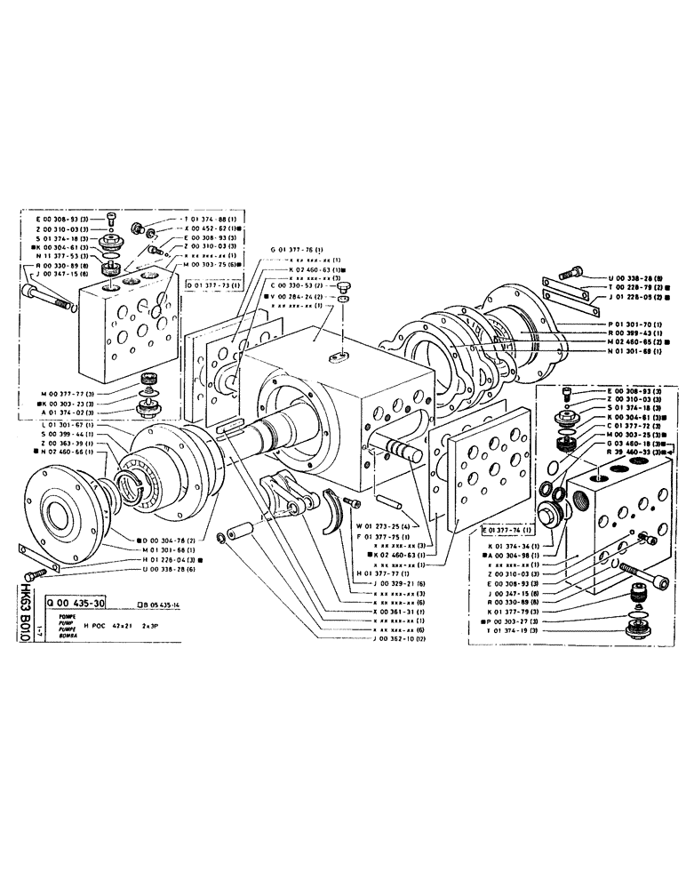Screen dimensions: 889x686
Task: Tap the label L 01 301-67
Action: coord(60,428)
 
